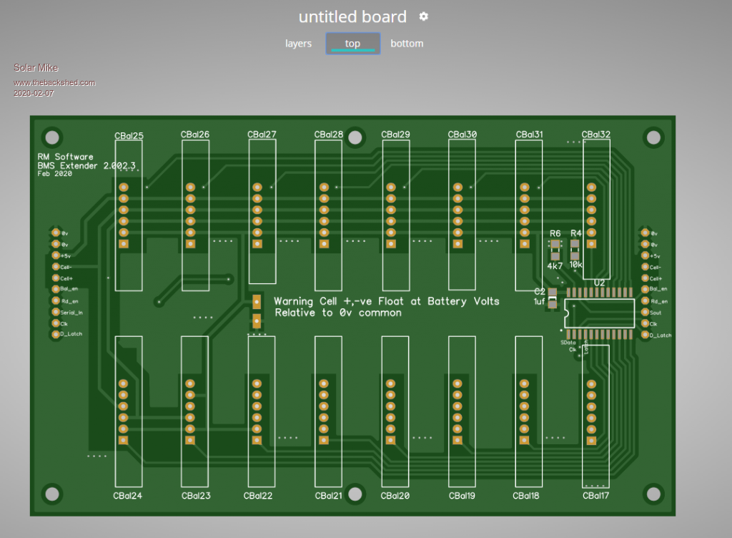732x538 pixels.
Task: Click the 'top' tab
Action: pyautogui.click(x=352, y=44)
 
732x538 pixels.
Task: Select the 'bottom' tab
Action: pyautogui.click(x=407, y=44)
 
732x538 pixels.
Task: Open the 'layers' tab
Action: pyautogui.click(x=298, y=44)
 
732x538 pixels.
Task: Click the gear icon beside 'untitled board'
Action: pyautogui.click(x=424, y=16)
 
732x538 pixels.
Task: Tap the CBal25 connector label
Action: pyautogui.click(x=129, y=135)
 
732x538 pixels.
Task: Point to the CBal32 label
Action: pyautogui.click(x=595, y=134)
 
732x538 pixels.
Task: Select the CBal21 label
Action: pyautogui.click(x=328, y=495)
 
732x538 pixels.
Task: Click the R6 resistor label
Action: pyautogui.click(x=555, y=233)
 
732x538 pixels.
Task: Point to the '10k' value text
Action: pyautogui.click(x=575, y=265)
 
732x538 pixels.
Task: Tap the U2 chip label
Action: pyautogui.click(x=599, y=283)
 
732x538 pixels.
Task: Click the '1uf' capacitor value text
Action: pyautogui.click(x=540, y=302)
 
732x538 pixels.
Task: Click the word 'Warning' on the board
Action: pyautogui.click(x=295, y=301)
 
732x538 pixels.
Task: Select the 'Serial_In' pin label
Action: pyautogui.click(x=71, y=312)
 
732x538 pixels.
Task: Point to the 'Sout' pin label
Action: pyautogui.click(x=656, y=313)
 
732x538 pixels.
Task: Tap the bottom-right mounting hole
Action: pyautogui.click(x=652, y=494)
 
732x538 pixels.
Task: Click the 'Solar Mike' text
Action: pyautogui.click(x=36, y=68)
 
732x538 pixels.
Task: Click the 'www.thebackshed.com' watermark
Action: pyautogui.click(x=54, y=82)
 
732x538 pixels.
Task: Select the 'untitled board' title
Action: pyautogui.click(x=352, y=17)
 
